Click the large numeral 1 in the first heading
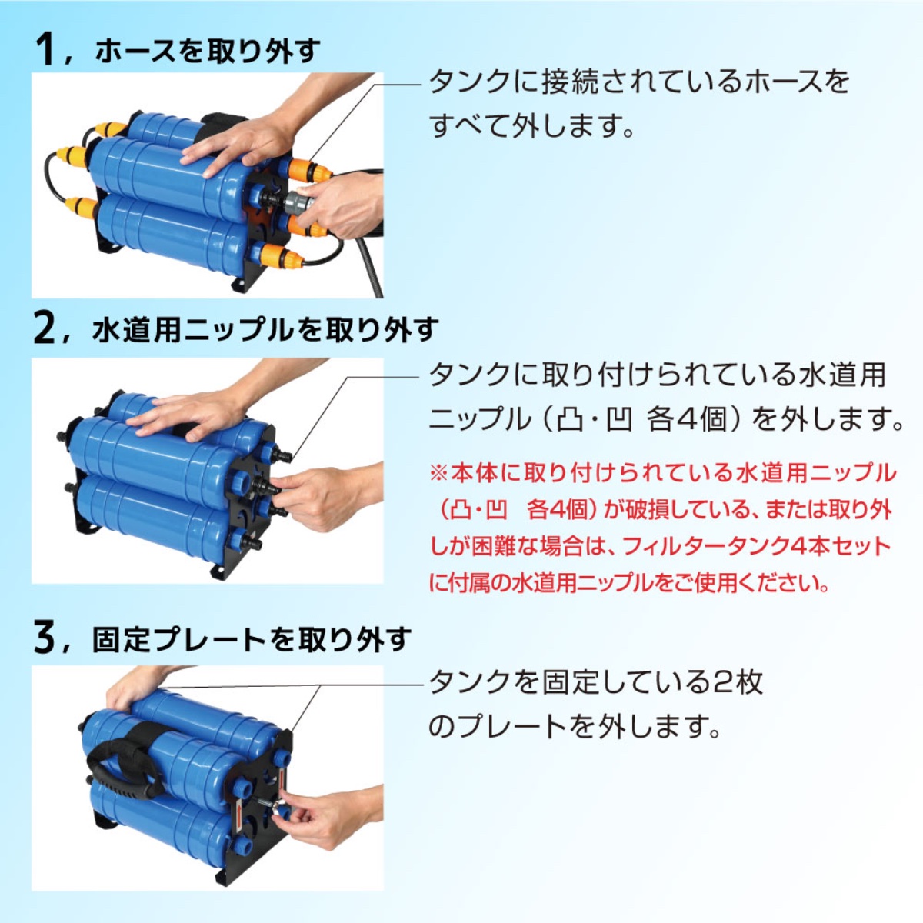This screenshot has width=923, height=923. (x=46, y=49)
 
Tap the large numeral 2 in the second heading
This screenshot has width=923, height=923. (x=46, y=329)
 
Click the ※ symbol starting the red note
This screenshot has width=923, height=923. (x=438, y=472)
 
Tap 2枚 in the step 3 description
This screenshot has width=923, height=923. (x=738, y=682)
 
